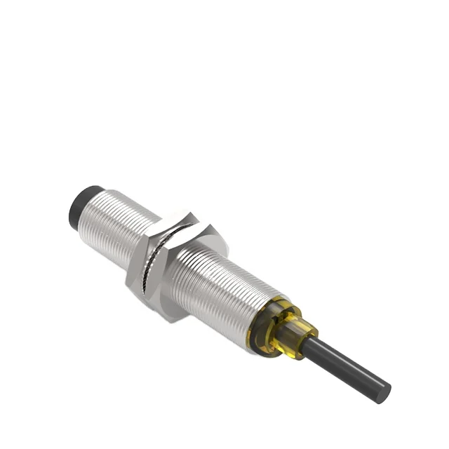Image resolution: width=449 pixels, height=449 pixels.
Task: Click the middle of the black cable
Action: (347, 366)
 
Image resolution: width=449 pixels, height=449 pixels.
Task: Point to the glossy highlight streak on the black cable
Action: (351, 360)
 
